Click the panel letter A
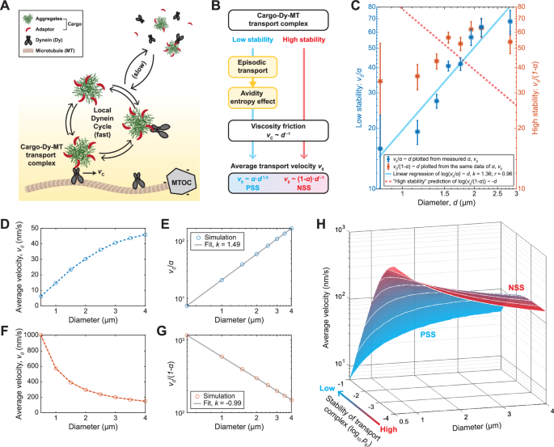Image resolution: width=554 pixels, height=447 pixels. pos(7,7)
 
